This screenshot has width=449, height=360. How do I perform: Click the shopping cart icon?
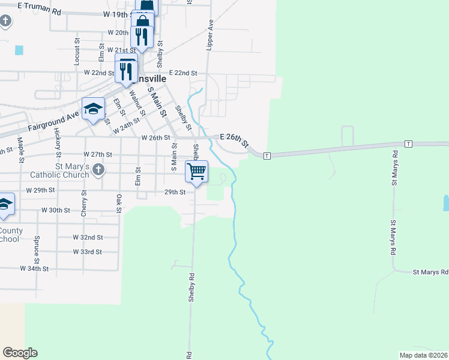click(x=196, y=172)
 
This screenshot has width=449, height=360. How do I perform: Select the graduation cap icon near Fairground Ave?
click(x=93, y=109)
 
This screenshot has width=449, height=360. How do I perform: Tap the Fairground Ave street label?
click(x=53, y=124)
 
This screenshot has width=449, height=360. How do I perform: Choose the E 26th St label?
click(x=234, y=139)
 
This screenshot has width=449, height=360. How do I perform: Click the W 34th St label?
click(x=34, y=269)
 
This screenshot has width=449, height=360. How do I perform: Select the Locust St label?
click(x=77, y=52)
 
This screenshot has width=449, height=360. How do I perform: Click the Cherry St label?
click(x=84, y=201)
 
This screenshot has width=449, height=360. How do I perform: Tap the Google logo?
click(x=20, y=353)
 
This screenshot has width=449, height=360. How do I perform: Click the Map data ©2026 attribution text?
click(x=423, y=355)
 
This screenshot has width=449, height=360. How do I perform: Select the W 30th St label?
click(x=56, y=210)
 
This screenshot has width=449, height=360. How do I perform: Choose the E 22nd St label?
click(x=183, y=73)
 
